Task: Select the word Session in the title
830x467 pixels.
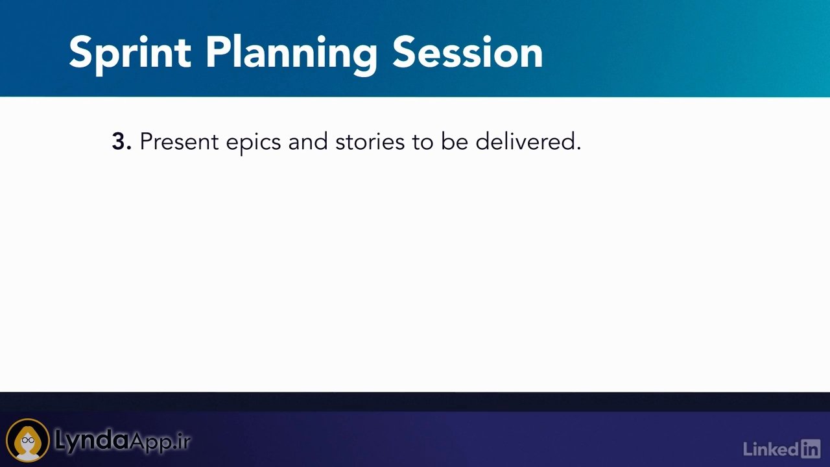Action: coord(468,53)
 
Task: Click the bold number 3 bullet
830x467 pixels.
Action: coord(121,141)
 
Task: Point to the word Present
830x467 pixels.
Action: coord(180,141)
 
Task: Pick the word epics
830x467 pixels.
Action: coord(254,143)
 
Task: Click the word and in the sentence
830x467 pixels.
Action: coord(308,141)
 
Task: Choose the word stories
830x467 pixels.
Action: coord(370,141)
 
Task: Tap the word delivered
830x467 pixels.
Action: coord(525,141)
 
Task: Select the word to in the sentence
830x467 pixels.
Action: coord(422,142)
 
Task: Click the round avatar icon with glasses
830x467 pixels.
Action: coord(28,440)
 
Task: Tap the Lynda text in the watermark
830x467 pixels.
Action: coord(92,442)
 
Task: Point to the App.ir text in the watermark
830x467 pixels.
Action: coord(160,442)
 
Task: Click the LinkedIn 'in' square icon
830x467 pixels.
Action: coord(811,449)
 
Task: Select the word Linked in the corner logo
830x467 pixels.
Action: coord(772,449)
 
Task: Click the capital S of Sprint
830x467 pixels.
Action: coord(80,53)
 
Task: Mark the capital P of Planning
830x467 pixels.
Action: coord(219,53)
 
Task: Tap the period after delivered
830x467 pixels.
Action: coord(578,149)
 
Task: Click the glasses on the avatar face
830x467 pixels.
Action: coord(28,440)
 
